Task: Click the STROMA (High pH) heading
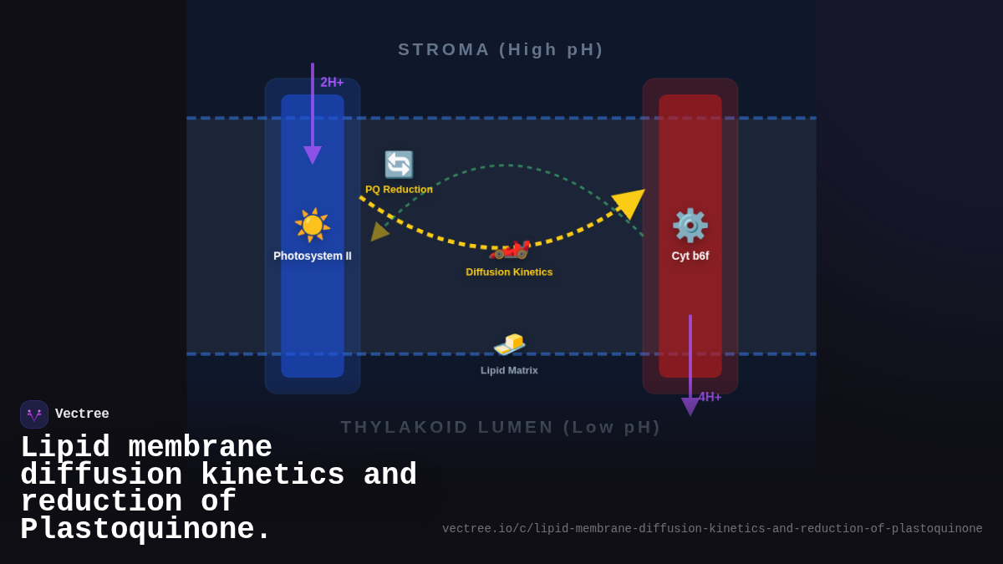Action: click(501, 49)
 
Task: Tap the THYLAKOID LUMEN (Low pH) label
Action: click(501, 427)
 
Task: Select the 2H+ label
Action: click(332, 82)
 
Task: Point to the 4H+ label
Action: click(710, 397)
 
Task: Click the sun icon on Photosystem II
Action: click(313, 225)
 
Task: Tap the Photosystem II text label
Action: click(313, 256)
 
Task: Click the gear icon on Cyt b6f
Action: click(690, 226)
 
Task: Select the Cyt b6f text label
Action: click(690, 256)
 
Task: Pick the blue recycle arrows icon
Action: click(399, 165)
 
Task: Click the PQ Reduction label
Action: click(399, 190)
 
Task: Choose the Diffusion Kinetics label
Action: click(509, 272)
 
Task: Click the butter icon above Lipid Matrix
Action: click(509, 343)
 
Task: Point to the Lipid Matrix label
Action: click(509, 370)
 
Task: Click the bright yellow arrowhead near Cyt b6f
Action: click(629, 202)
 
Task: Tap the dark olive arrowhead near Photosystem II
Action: click(378, 231)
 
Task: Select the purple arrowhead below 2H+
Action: click(313, 155)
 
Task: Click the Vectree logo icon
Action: click(34, 414)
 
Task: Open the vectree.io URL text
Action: click(712, 529)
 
